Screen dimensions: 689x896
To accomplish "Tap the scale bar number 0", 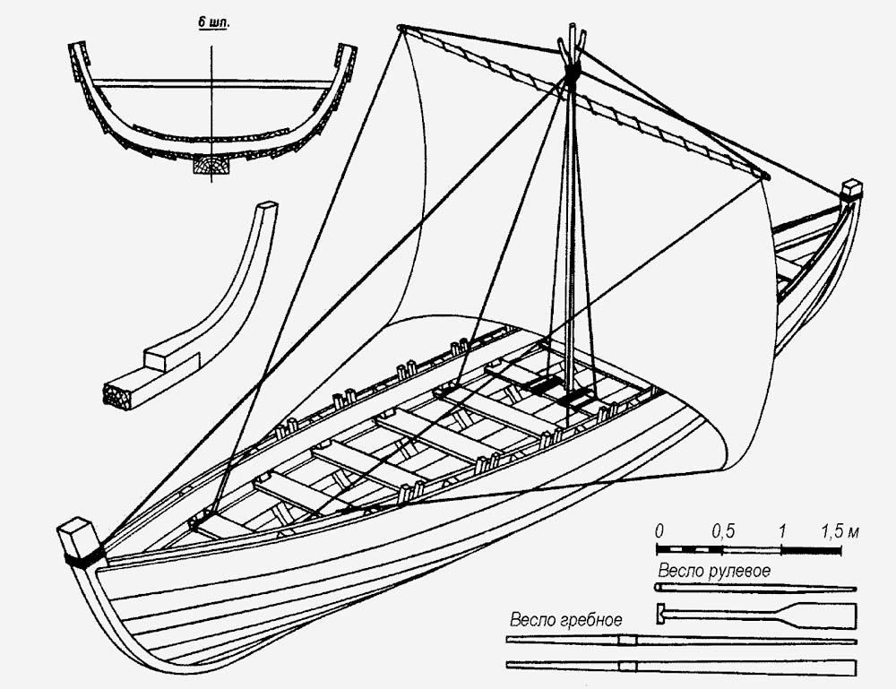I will click(659, 530).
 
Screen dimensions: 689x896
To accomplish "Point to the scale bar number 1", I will click(782, 530).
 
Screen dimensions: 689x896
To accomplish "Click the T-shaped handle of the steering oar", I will click(661, 614).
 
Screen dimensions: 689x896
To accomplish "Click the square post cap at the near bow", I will click(75, 539).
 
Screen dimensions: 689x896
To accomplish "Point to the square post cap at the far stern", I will click(851, 189).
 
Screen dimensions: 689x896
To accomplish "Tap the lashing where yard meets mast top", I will click(570, 73).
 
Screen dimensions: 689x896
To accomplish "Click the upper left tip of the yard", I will click(402, 27).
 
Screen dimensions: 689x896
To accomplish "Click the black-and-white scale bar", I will click(749, 548).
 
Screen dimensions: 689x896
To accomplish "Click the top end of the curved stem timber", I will click(266, 208).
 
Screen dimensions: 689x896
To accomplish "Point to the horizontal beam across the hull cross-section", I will click(211, 84).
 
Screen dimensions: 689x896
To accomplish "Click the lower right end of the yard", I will click(762, 175).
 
